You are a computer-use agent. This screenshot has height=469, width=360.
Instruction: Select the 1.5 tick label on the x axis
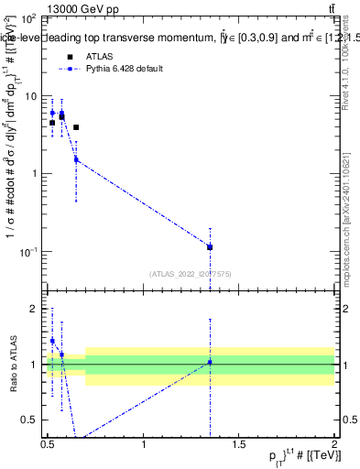point(239,443)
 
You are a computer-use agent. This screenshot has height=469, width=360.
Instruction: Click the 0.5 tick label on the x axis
point(48,443)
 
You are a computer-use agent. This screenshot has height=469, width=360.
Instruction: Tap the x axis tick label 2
point(334,443)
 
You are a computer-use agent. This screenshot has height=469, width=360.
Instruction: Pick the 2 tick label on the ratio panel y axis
point(34,309)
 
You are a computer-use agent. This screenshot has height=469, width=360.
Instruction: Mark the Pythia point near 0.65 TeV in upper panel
point(76,159)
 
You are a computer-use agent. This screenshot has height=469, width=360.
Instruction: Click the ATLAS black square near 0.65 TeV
point(76,127)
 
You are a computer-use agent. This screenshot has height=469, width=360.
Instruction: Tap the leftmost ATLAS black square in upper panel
point(52,123)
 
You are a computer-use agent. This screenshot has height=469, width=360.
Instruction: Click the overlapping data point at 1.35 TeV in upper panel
point(210,247)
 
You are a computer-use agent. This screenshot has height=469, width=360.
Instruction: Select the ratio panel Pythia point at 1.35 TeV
point(210,363)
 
